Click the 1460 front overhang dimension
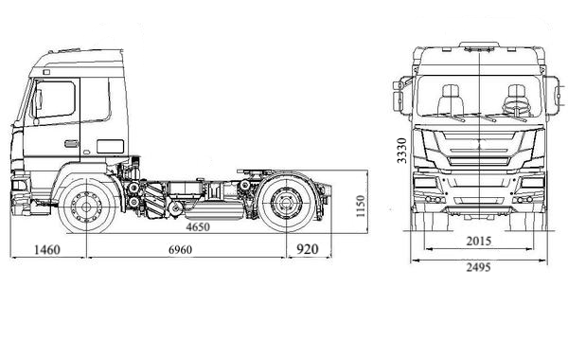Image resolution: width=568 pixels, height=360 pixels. pos(46,250)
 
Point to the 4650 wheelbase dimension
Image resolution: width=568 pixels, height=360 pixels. pos(198,228)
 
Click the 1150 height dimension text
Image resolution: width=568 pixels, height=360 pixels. pos(359,206)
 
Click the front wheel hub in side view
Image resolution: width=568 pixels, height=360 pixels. pos(88,206)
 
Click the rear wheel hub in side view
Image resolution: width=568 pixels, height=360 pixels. pos(287,206)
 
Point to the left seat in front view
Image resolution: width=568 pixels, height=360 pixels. pos(449,99)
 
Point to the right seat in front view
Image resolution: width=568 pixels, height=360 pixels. pos(517,99)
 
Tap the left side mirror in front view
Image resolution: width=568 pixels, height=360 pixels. pos(400,95)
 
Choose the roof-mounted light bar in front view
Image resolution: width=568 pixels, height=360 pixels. pos(483,45)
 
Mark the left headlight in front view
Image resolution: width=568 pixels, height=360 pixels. pos(428,184)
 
